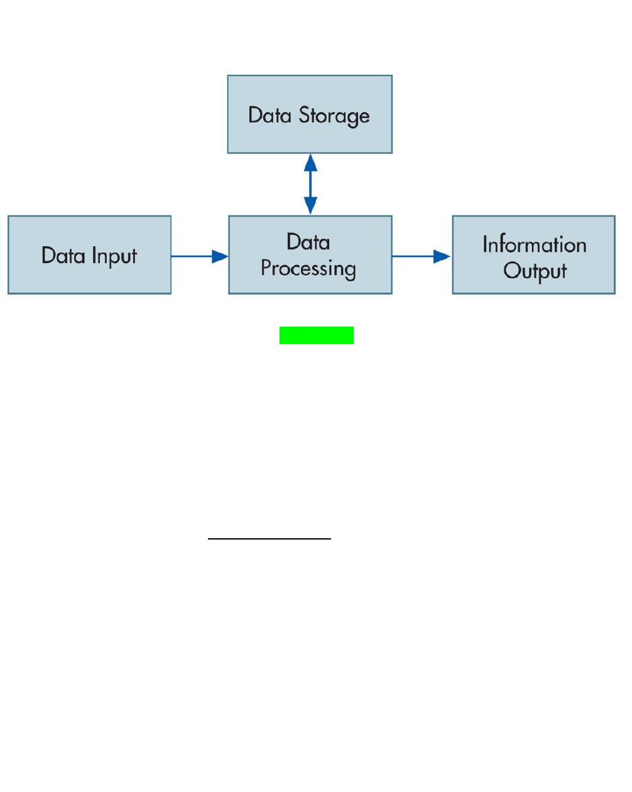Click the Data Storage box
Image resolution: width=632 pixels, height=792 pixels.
point(310,114)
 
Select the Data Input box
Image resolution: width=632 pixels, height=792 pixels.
point(89,254)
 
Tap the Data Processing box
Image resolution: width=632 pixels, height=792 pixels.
point(310,254)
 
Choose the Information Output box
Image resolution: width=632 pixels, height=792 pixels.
point(533,254)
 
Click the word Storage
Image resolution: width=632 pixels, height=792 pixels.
point(334,116)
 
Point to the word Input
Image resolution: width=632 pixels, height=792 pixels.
point(114,256)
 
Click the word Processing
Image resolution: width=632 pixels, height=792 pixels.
point(308,269)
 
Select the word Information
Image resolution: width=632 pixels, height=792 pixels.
point(535,244)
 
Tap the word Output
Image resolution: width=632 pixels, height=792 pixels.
point(535,271)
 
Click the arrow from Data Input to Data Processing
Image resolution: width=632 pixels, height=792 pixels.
point(200,256)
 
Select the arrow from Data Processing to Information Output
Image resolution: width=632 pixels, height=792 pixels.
point(422,256)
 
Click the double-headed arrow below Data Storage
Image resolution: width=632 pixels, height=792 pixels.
point(310,183)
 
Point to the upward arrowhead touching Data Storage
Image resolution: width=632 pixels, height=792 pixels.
point(310,162)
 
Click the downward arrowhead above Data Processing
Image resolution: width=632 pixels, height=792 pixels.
point(310,205)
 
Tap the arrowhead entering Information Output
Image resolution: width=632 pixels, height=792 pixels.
point(442,256)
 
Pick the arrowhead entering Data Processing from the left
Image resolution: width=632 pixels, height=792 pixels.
point(220,256)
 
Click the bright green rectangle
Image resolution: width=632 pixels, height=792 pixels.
point(317,335)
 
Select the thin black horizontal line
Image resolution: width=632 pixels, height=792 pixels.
point(270,538)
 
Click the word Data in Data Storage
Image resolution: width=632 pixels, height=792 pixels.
point(270,115)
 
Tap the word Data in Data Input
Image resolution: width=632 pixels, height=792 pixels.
point(63,255)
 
